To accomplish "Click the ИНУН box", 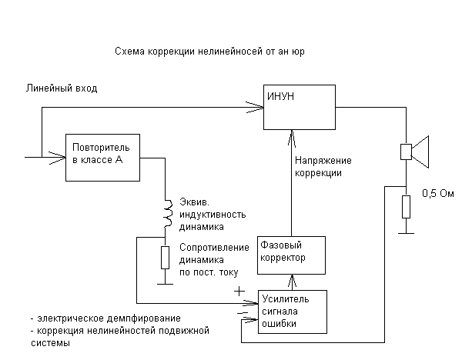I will coord(300,108).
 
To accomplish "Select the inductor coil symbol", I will coord(165,213).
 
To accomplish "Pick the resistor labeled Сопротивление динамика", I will coord(165,257).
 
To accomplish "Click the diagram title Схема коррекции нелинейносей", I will coord(204,52).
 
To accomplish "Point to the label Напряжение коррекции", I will coord(323,167).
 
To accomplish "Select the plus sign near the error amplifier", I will coord(239,292).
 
